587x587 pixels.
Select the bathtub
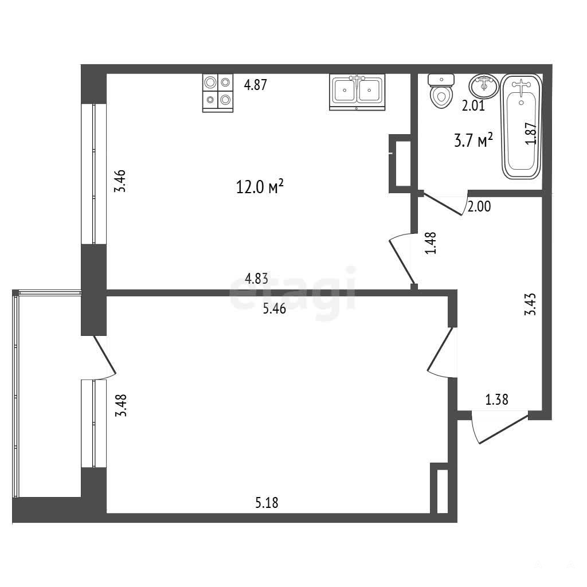click(521, 127)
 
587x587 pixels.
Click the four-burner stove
click(218, 93)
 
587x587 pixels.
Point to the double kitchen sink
click(357, 92)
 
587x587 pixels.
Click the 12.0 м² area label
click(260, 186)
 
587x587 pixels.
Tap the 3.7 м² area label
click(473, 140)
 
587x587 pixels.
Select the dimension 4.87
click(255, 85)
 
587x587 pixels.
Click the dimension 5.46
click(275, 308)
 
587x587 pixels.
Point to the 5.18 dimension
click(267, 503)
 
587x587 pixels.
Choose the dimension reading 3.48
click(121, 405)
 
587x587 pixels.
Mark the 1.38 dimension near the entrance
click(497, 400)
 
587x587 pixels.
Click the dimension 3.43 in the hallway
click(530, 304)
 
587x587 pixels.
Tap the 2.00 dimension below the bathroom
click(479, 206)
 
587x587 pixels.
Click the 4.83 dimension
click(256, 279)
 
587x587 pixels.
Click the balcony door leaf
click(104, 354)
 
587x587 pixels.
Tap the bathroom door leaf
click(442, 205)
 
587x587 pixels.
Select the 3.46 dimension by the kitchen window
click(120, 181)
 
